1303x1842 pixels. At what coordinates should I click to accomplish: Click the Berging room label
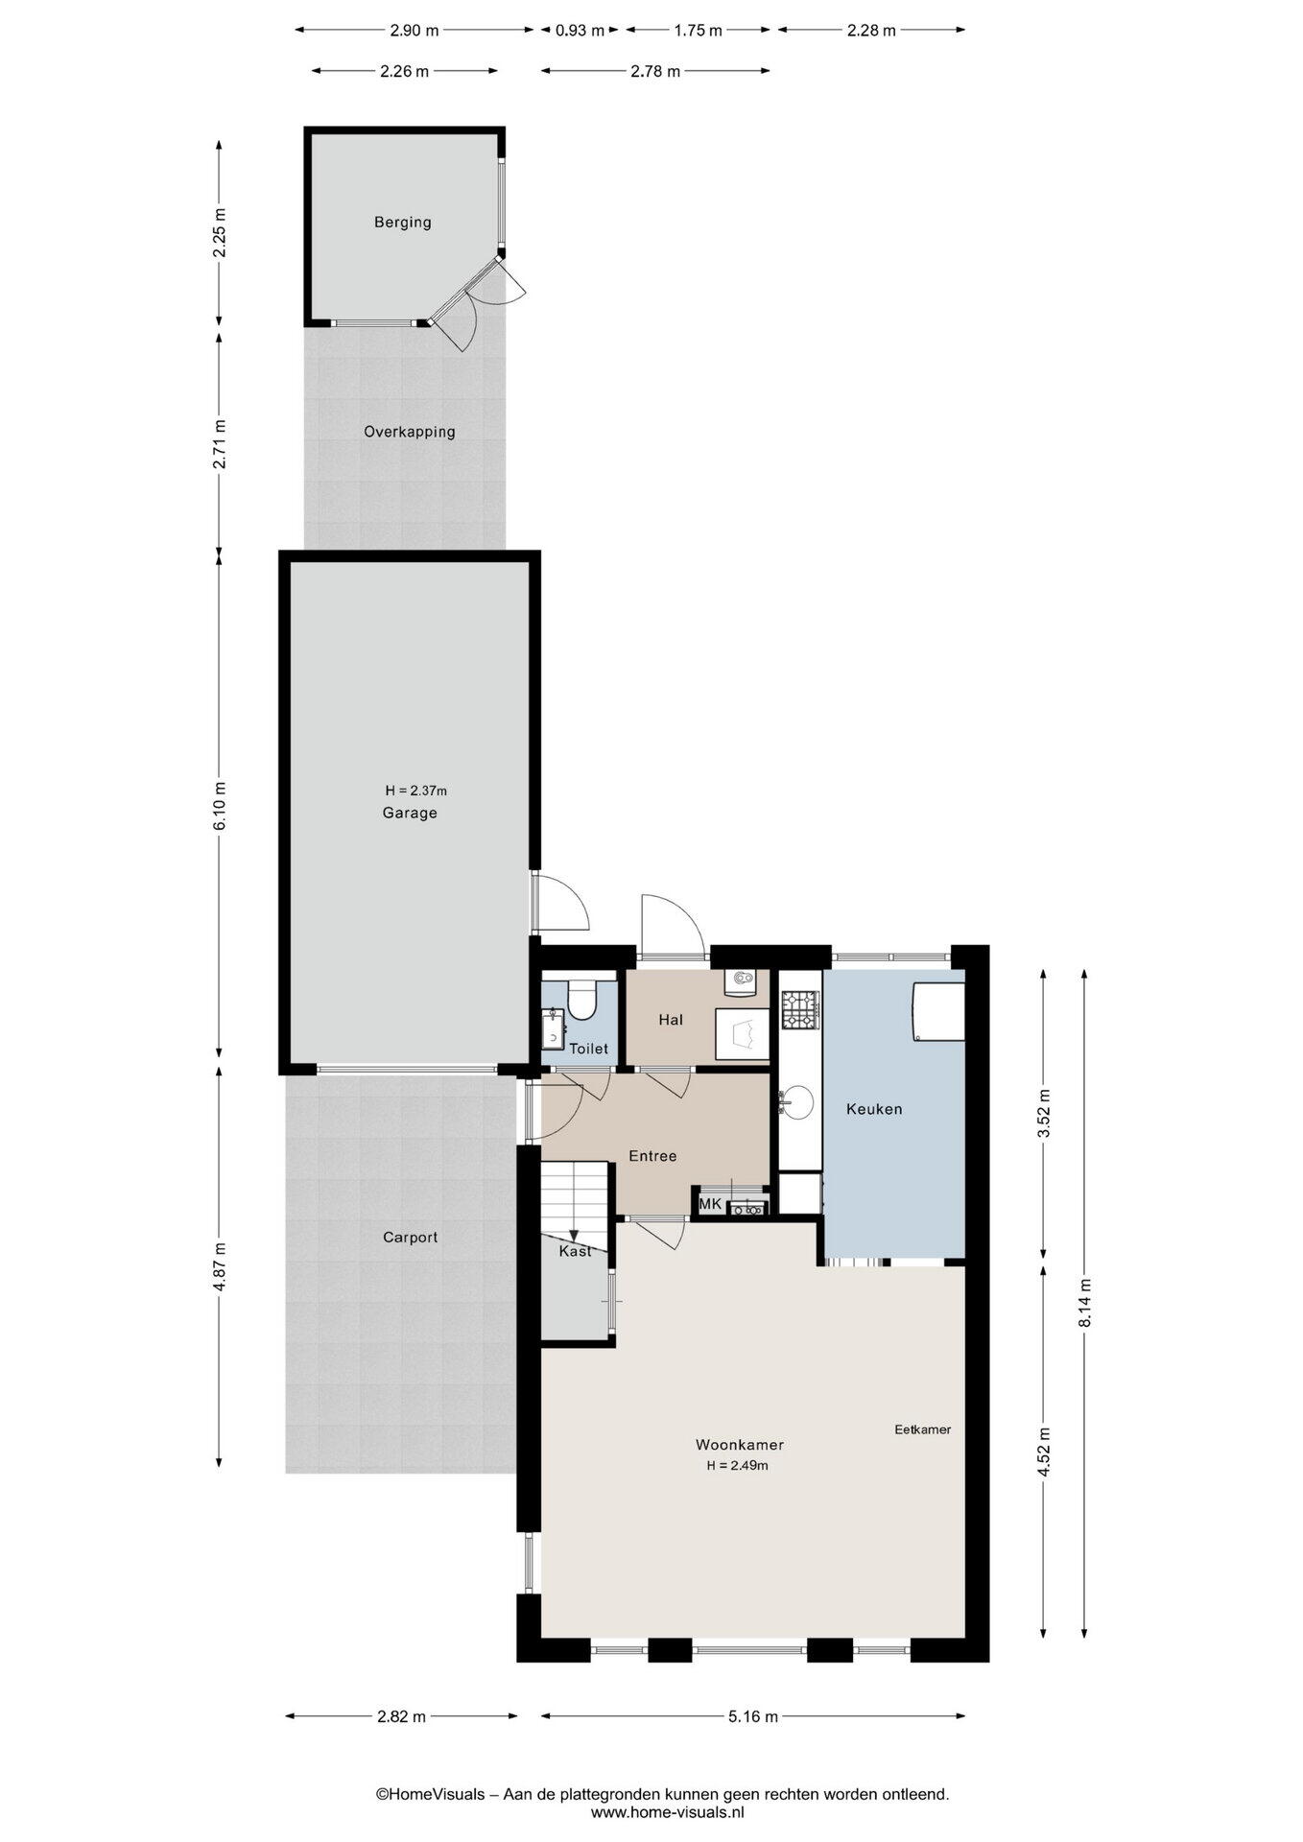coord(402,223)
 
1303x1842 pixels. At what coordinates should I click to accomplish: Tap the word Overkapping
coord(409,433)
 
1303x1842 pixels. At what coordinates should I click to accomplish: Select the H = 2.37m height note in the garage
coord(415,791)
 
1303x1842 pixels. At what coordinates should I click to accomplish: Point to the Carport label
coord(410,1238)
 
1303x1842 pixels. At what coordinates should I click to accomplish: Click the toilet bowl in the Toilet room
coord(581,999)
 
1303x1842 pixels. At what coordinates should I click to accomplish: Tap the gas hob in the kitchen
coord(800,1010)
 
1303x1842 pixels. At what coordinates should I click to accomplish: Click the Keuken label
coord(874,1109)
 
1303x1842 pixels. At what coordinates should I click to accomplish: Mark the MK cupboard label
coord(710,1204)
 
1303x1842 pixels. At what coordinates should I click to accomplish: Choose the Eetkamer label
coord(922,1429)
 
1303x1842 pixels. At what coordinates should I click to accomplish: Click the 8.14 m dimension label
coord(1084,1303)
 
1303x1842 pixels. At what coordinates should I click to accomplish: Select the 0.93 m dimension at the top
coord(580,30)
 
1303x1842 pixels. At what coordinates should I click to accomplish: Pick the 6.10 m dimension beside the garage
coord(219,807)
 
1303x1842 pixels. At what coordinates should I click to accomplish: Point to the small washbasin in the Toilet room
coord(553,1030)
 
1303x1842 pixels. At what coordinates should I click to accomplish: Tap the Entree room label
coord(652,1156)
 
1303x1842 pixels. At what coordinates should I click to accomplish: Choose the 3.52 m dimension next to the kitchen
coord(1044,1113)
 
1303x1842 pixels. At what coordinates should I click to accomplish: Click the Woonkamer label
coord(740,1445)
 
